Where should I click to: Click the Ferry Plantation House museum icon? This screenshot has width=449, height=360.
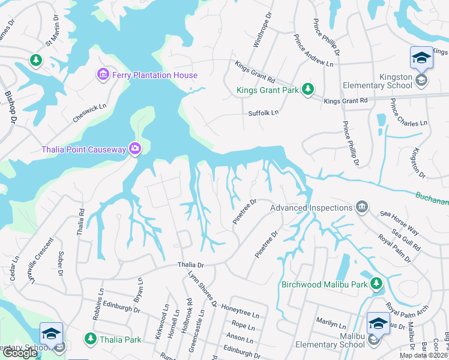point(103,74)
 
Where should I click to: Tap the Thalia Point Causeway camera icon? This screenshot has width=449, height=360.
point(136,149)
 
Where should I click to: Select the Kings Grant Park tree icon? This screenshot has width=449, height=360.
point(308,89)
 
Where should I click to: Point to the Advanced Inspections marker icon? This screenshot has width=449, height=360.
point(362,207)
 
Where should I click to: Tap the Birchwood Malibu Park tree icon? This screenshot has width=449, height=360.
point(376,283)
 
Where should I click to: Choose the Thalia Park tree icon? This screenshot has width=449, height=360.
point(91,339)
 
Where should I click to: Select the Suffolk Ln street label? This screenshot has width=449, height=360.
point(264,113)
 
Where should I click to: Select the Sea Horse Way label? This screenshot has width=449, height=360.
point(399,221)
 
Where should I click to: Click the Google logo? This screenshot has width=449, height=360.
point(19,353)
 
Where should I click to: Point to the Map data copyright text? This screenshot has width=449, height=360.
point(423,355)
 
